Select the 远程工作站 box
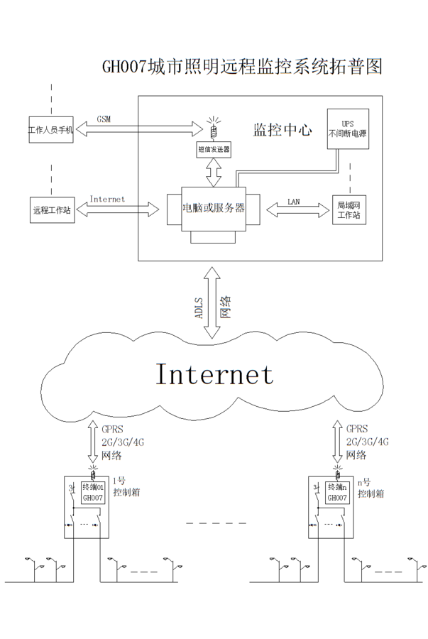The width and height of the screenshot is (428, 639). [x=50, y=209]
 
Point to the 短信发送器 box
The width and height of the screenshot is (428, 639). [x=214, y=150]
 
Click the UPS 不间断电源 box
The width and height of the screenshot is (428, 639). [x=347, y=129]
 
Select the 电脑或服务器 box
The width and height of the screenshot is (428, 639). [x=213, y=209]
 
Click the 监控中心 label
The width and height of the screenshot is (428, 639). [x=282, y=130]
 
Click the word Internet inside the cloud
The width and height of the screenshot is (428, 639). [x=214, y=373]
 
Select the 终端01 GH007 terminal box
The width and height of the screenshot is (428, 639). [x=93, y=493]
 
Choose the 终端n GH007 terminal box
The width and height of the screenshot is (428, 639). [x=336, y=493]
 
